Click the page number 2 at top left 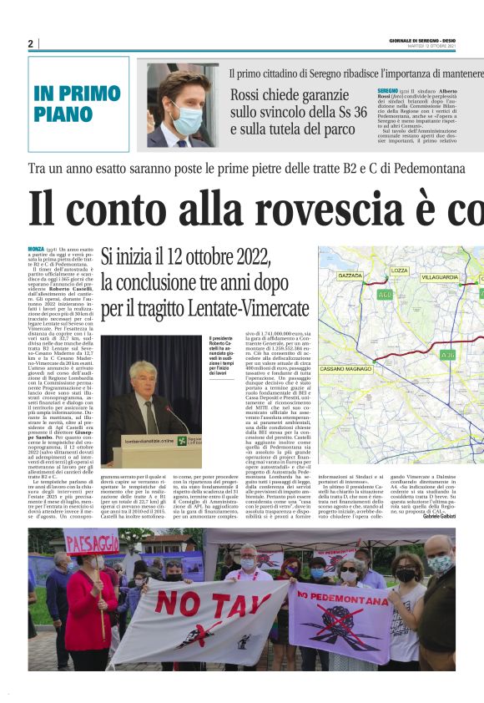coord(30,43)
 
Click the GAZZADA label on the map coord(350,275)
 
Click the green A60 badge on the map coord(385,294)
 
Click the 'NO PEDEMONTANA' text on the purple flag coord(340,596)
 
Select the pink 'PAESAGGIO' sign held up coord(92,544)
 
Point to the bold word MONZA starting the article coord(36,250)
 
